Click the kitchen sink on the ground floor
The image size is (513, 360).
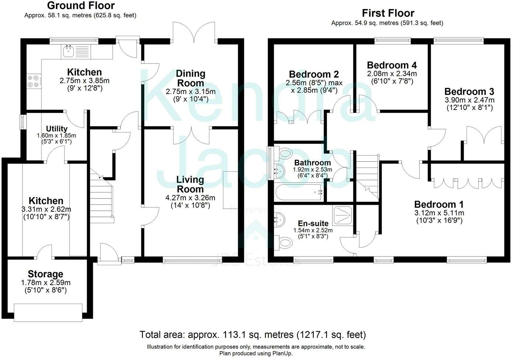pos(76,52)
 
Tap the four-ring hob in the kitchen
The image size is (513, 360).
pos(34,82)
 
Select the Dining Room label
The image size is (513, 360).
pos(191,78)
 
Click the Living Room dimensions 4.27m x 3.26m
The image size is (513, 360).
pos(190,198)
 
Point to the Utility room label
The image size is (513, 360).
pos(57,129)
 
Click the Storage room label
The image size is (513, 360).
pos(46,274)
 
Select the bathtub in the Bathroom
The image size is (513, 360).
pos(299,192)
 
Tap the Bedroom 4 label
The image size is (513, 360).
pos(392,65)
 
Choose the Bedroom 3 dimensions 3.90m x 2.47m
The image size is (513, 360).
pos(470,100)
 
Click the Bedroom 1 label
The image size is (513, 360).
pos(439,204)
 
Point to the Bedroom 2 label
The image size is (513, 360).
pos(314,75)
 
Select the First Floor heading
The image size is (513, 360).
pos(388,13)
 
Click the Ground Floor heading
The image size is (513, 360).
pos(81,6)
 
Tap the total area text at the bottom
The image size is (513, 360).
pos(252,335)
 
